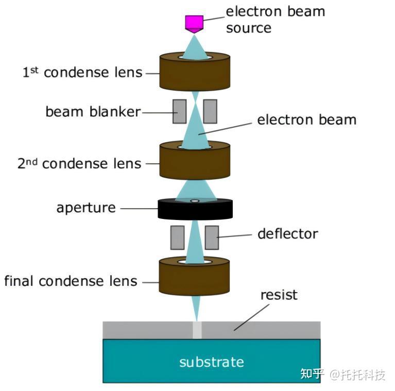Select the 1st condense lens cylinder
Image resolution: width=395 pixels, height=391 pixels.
tap(195, 72)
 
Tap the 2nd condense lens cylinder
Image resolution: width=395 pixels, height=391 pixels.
tap(195, 161)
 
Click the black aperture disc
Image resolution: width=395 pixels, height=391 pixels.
tap(195, 209)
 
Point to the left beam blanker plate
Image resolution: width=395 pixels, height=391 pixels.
tap(179, 111)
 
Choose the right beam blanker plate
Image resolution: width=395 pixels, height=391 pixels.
tap(210, 111)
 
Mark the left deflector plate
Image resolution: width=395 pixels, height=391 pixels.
tap(177, 237)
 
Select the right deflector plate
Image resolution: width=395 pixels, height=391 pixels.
tap(212, 237)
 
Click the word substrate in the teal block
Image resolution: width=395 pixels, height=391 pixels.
tap(212, 362)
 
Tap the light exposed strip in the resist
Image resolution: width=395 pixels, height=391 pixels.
tap(197, 330)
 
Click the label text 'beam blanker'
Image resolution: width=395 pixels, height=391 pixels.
tap(93, 112)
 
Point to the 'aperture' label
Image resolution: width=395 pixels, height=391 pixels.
tap(86, 208)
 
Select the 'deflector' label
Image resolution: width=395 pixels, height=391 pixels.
tap(288, 234)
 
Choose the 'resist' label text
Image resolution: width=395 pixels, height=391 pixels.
tap(279, 295)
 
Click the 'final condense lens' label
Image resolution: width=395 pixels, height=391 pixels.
tap(71, 281)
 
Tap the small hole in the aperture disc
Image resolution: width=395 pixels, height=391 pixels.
tap(195, 201)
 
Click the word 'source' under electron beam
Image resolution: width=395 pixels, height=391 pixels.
tap(249, 28)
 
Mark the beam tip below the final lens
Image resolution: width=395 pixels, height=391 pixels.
tap(197, 321)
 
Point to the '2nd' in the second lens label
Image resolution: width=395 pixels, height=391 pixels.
tap(27, 163)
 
